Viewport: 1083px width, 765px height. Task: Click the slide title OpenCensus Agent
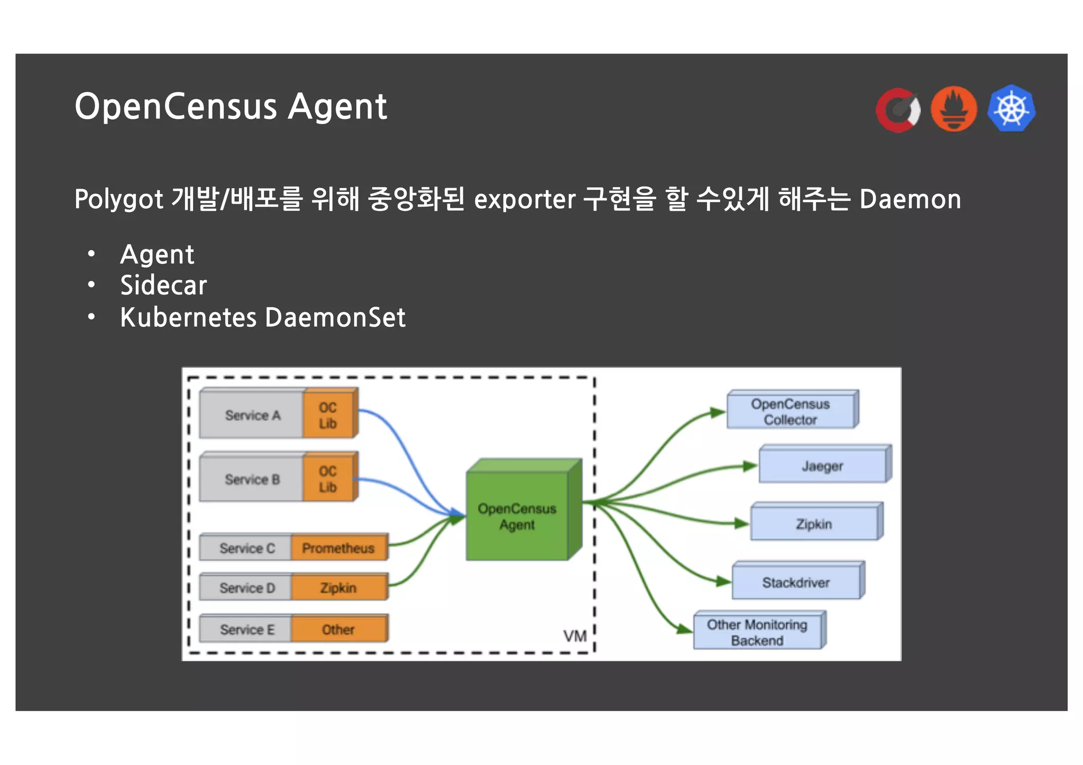[x=231, y=107]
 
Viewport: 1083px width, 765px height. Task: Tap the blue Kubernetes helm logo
[x=1011, y=108]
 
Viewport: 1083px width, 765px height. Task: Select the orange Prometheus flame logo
[x=953, y=109]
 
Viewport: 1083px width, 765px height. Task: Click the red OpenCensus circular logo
[x=898, y=110]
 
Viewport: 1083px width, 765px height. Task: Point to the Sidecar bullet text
[x=163, y=285]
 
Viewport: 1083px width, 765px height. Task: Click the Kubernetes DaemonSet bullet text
[x=262, y=318]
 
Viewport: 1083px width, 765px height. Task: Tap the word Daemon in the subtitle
[x=910, y=199]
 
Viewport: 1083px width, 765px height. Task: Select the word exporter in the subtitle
[x=525, y=199]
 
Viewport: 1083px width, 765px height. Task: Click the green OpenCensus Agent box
[x=517, y=516]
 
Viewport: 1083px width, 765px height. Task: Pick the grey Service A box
[x=252, y=416]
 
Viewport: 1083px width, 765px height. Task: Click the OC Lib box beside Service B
[x=328, y=479]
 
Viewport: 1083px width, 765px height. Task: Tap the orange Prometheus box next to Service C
[x=338, y=548]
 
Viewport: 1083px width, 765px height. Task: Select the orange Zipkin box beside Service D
[x=338, y=588]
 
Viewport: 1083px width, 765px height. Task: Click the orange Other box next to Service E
[x=338, y=629]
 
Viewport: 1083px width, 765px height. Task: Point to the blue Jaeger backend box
[x=822, y=466]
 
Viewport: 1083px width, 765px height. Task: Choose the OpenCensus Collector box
[x=791, y=412]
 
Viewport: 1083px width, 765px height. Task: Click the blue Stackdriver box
[x=796, y=583]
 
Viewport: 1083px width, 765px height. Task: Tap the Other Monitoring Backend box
[x=757, y=632]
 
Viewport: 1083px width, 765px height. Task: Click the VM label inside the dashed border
[x=574, y=636]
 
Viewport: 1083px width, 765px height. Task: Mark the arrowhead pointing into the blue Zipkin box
[x=742, y=523]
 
